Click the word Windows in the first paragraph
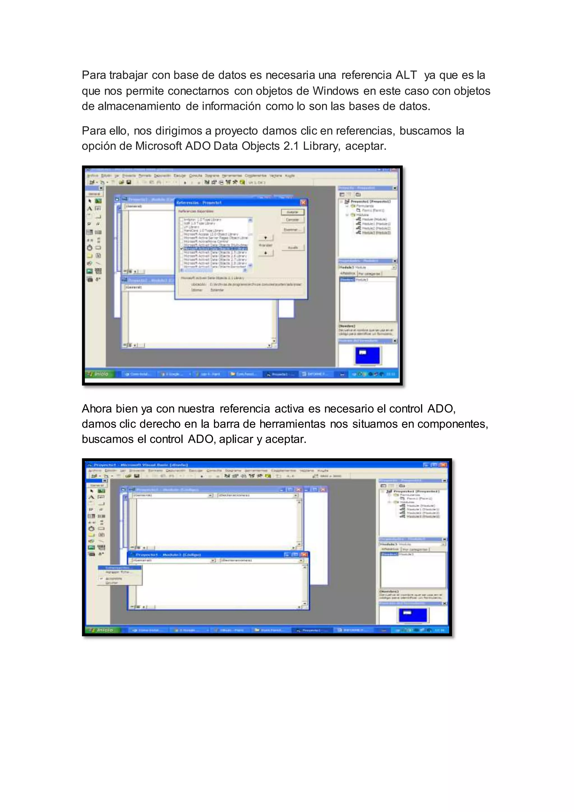click(x=335, y=91)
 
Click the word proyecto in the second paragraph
click(x=236, y=131)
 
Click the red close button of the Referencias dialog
click(x=303, y=202)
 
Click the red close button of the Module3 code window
click(x=304, y=555)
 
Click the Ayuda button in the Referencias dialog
click(x=292, y=248)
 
